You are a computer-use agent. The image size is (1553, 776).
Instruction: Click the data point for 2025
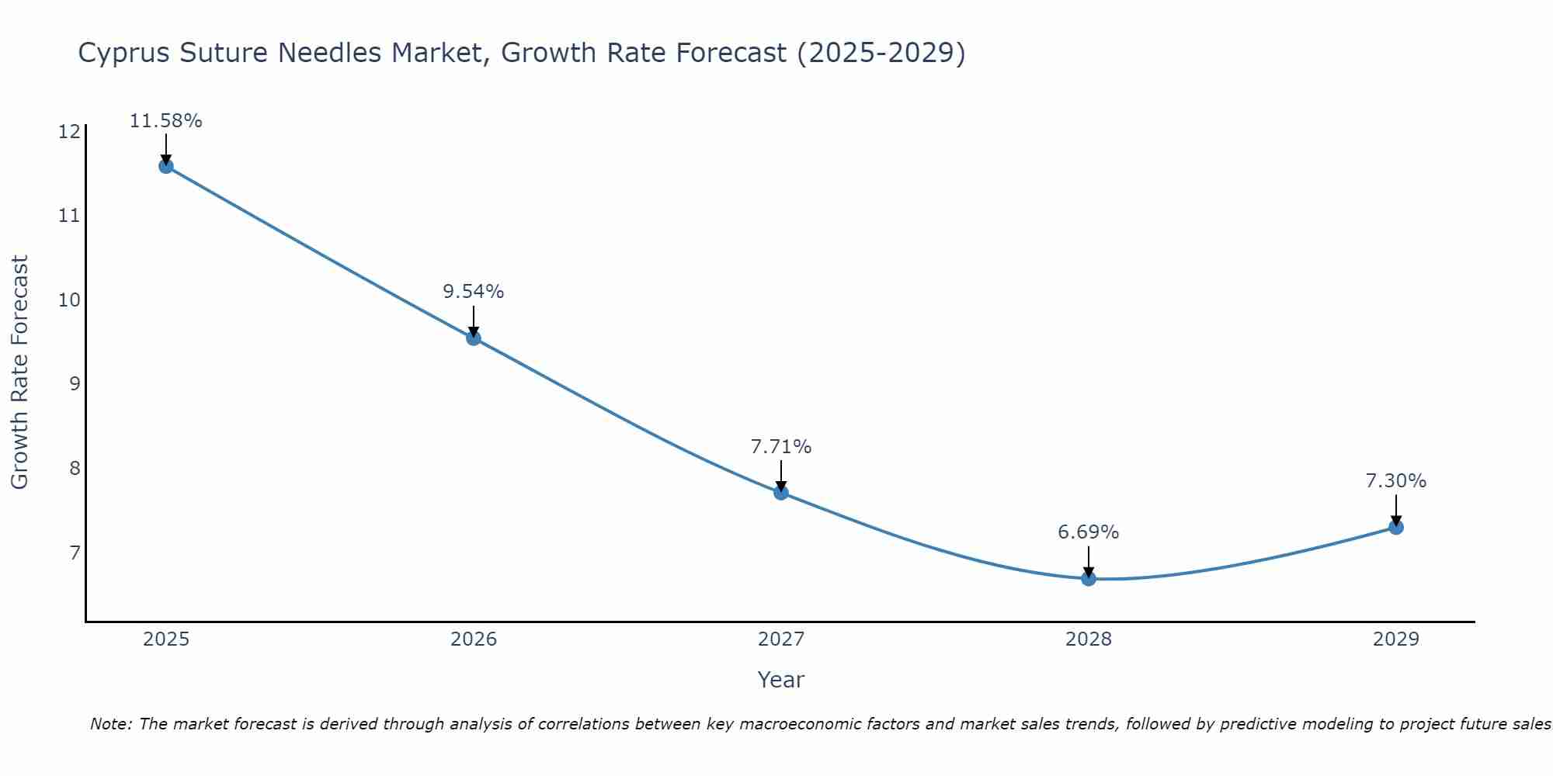[x=166, y=166]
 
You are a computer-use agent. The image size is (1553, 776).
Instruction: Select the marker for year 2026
[x=474, y=338]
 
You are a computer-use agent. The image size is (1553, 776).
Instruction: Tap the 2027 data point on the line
[x=781, y=492]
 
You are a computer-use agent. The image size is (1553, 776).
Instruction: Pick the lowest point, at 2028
[x=1089, y=578]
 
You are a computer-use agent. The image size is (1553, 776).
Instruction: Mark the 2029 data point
[x=1396, y=528]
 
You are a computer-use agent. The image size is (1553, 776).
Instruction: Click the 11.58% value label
[x=165, y=121]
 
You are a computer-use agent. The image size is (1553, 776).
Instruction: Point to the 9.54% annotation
[x=473, y=292]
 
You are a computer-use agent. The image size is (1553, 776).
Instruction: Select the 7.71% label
[x=780, y=447]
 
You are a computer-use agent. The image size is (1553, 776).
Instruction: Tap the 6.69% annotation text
[x=1088, y=532]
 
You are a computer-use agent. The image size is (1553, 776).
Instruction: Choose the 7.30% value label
[x=1395, y=481]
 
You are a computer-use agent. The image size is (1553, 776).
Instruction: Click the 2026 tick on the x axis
[x=474, y=639]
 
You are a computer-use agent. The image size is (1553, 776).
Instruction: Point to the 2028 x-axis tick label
[x=1089, y=639]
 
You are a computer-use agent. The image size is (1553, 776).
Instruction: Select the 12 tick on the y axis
[x=69, y=131]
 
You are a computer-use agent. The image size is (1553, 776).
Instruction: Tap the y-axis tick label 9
[x=75, y=383]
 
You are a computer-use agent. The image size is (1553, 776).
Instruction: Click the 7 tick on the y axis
[x=75, y=553]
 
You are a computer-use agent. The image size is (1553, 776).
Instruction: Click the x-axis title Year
[x=780, y=680]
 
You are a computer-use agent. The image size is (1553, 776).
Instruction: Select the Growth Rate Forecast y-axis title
[x=20, y=372]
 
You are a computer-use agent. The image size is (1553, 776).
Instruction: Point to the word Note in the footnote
[x=112, y=724]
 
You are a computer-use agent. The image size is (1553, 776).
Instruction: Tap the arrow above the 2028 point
[x=1089, y=560]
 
